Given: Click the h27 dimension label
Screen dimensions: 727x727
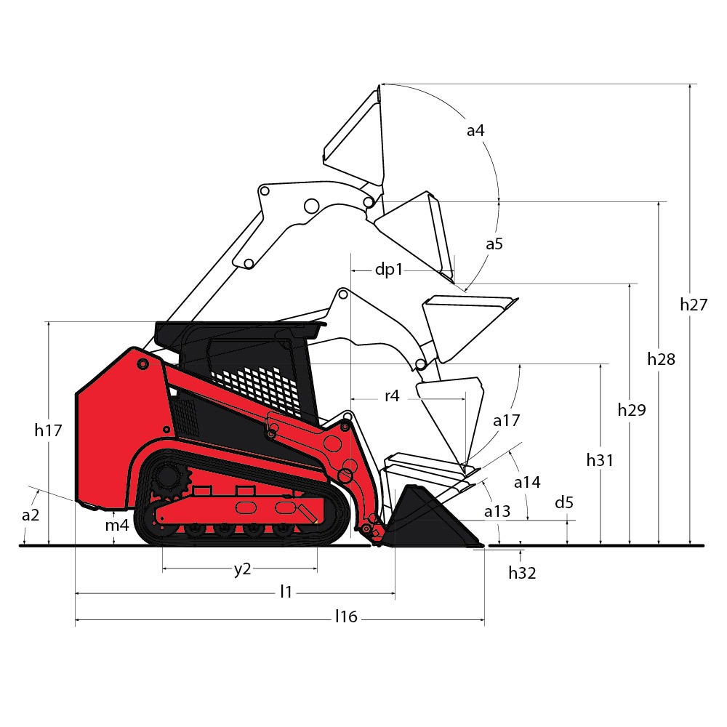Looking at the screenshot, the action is [x=694, y=305].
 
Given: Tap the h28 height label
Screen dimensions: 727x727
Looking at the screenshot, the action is [x=661, y=359].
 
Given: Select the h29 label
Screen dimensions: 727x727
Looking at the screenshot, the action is [x=632, y=410].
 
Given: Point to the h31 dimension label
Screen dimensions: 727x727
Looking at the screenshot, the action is [x=600, y=460].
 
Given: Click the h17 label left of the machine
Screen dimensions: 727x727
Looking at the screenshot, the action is [x=48, y=430].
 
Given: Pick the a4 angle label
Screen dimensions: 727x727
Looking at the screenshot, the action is [x=475, y=131].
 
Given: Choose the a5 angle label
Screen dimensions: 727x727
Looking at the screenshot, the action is [x=494, y=244].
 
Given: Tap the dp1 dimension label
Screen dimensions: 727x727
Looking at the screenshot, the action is [x=388, y=270].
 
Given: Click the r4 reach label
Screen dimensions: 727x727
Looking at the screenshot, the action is [x=392, y=396].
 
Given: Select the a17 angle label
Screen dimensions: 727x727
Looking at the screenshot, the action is [x=506, y=420].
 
